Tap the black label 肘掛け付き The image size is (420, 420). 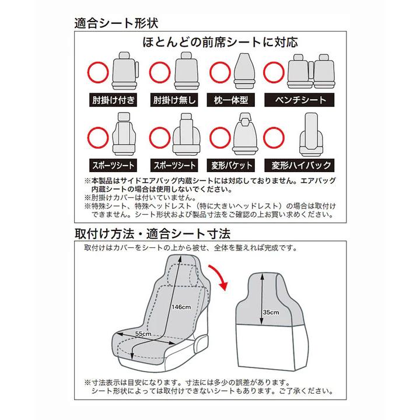pos(113,100)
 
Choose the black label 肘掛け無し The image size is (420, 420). pos(176,100)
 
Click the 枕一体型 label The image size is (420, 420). pos(231,100)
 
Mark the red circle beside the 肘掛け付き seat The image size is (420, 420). pos(97,73)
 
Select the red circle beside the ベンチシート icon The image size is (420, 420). pos(274,73)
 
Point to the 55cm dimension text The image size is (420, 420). pos(143,333)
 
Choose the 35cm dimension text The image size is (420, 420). pos(271,313)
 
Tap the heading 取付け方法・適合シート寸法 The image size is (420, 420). pos(153,234)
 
